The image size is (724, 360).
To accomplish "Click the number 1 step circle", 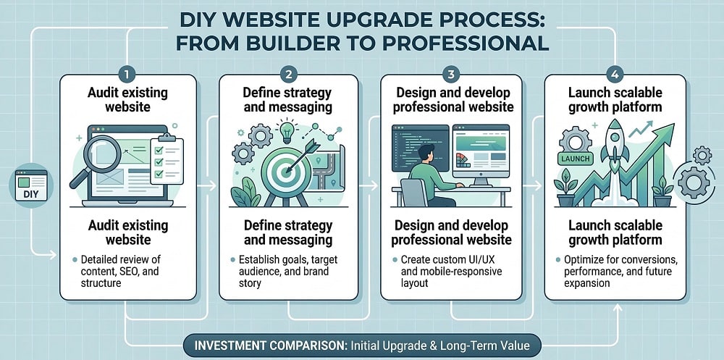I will [128, 75].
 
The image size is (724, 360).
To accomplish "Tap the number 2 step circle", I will [288, 75].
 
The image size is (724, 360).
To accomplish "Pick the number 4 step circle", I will [614, 75].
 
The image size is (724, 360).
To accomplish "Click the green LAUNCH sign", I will [576, 159].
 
